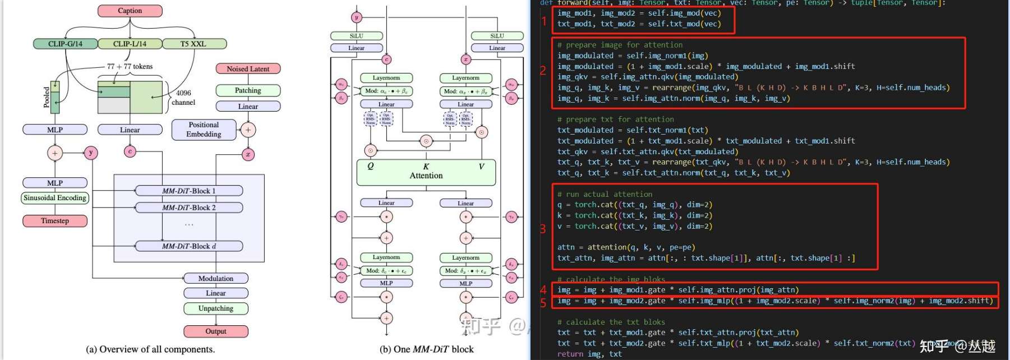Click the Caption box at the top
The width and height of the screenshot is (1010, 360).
point(130,11)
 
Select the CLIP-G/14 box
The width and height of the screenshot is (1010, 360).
point(65,44)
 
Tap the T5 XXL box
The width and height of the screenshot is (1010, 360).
point(193,44)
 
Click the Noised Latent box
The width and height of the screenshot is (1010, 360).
point(248,69)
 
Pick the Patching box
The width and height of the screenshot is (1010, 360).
point(248,90)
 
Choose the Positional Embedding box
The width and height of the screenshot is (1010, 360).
point(204,130)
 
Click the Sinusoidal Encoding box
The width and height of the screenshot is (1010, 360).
point(55,198)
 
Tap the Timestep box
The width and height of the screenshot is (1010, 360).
point(55,221)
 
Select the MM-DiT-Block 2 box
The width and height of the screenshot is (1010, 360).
point(189,207)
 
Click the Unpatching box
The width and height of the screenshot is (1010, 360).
point(216,308)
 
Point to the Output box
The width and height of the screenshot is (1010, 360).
point(216,331)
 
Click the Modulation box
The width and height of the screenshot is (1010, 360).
point(216,279)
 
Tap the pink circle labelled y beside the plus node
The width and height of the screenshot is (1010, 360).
point(91,153)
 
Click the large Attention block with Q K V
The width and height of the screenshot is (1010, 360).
point(426,172)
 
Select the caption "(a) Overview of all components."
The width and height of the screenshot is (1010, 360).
point(150,349)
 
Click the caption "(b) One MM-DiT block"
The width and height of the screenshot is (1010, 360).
point(427,349)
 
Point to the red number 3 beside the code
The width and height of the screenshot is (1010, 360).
point(543,229)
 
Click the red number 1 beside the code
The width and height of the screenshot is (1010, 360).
point(544,21)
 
